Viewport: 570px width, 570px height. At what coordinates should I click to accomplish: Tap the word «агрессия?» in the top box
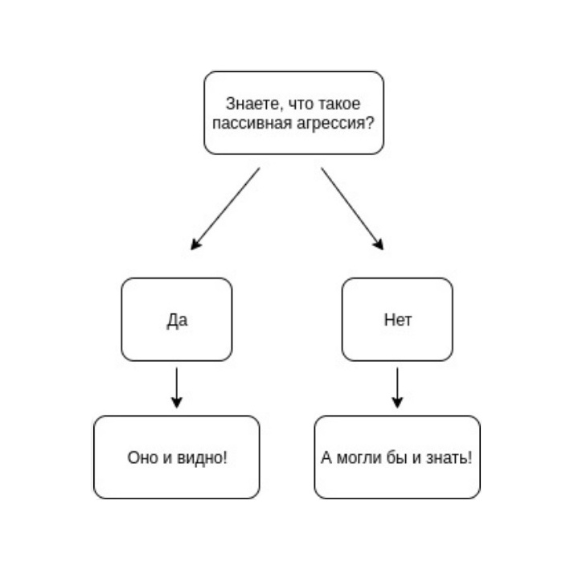(335, 124)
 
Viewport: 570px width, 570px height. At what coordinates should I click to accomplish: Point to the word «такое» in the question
(339, 104)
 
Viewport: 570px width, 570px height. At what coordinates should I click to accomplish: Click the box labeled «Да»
(177, 319)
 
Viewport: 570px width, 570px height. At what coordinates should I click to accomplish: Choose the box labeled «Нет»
(397, 319)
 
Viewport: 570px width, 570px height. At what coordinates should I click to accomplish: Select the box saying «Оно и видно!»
(177, 457)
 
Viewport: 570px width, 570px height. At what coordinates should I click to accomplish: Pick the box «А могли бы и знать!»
(397, 457)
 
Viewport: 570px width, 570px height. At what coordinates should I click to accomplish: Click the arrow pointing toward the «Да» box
(225, 209)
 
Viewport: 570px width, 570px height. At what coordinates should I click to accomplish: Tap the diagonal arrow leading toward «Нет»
(352, 209)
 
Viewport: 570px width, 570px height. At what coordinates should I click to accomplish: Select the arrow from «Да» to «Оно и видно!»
(177, 388)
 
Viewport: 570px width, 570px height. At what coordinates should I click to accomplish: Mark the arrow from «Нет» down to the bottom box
(397, 388)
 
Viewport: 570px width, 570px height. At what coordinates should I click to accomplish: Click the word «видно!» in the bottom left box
(202, 457)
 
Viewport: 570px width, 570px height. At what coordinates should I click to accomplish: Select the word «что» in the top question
(301, 104)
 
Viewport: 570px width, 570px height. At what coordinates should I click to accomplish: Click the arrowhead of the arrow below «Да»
(177, 403)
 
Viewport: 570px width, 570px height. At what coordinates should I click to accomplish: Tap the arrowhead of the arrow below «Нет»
(397, 403)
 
